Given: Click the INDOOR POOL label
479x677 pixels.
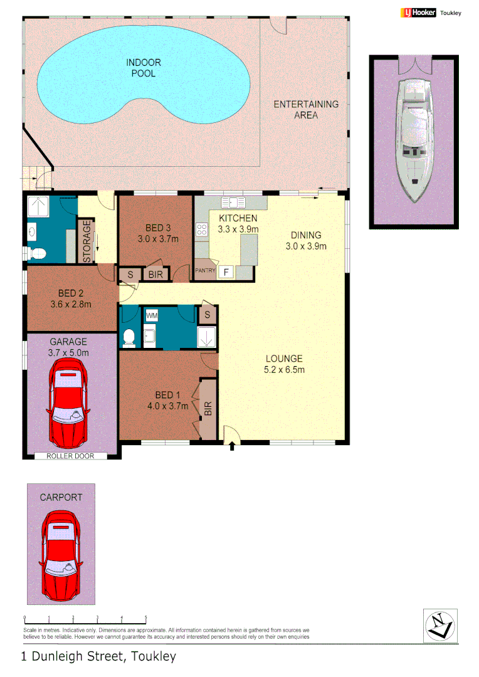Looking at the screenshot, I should point(144,68).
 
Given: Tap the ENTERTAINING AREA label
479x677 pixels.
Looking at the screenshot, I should point(305,109).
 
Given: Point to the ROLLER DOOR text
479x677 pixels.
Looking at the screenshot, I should point(70,456).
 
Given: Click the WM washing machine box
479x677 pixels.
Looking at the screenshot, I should point(152,315).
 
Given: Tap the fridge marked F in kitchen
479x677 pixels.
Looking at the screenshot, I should point(226,272).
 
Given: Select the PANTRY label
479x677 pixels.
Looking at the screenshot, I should point(205,271).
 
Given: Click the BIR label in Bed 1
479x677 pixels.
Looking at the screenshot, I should point(208,409).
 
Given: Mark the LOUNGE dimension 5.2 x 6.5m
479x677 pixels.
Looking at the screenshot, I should point(284,369).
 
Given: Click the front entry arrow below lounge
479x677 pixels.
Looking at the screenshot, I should point(232,446).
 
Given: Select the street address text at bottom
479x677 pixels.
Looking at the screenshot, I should point(99,656).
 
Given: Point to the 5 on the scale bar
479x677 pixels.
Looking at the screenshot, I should point(145,617).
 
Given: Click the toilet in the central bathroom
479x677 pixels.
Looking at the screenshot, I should point(129,337).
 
